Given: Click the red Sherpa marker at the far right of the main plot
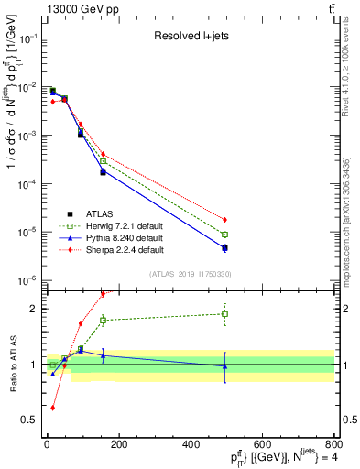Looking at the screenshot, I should click(224, 220).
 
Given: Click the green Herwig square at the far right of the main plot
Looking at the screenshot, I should click(224, 234).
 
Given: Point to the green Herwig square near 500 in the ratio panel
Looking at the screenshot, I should click(224, 314).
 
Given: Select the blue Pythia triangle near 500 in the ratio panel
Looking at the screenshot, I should click(224, 365).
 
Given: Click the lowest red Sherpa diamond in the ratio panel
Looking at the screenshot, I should click(52, 408).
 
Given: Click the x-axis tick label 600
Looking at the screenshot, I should click(262, 445).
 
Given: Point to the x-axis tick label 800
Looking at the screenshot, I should click(333, 445).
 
